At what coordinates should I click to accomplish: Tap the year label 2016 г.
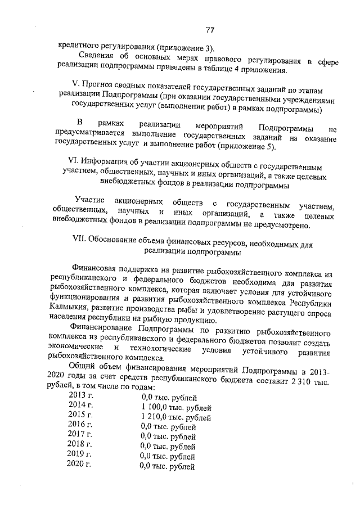(x=80, y=425)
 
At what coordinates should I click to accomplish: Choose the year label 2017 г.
(x=80, y=435)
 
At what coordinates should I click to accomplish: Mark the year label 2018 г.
(x=79, y=445)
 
